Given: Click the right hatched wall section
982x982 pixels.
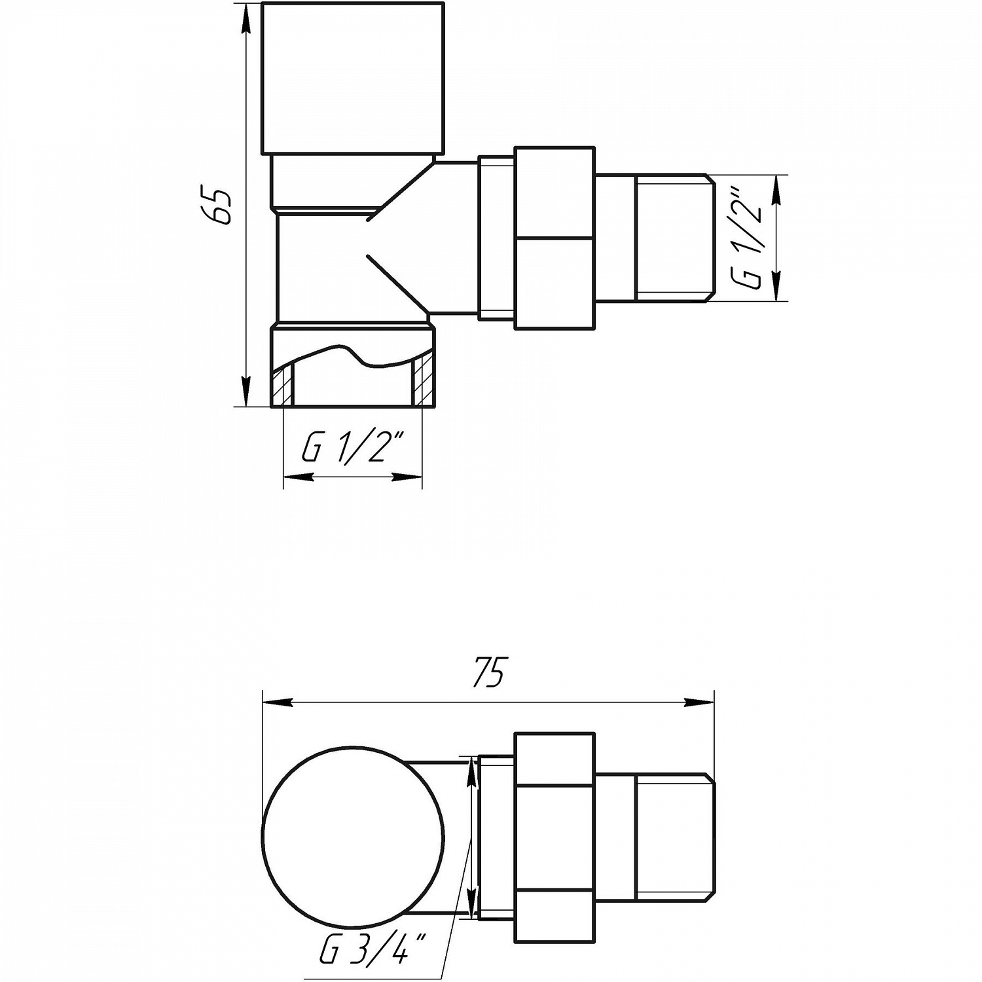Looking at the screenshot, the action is (x=423, y=382).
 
